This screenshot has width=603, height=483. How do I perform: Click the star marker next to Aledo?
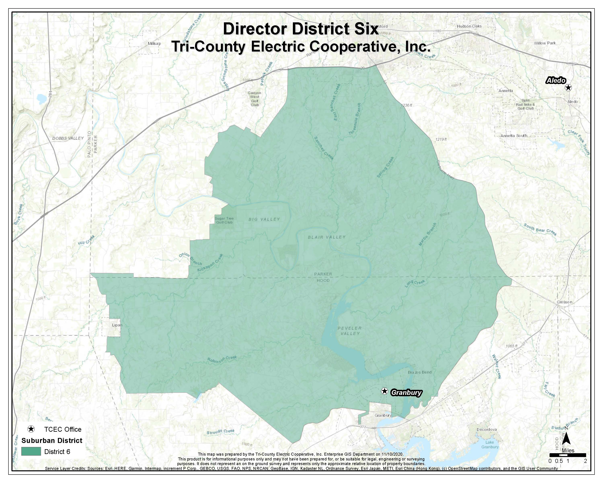pyautogui.click(x=568, y=88)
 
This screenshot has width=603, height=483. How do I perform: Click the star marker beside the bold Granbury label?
pyautogui.click(x=385, y=391)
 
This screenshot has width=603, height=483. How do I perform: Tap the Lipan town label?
pyautogui.click(x=117, y=325)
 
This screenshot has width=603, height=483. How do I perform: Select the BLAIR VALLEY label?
pyautogui.click(x=327, y=237)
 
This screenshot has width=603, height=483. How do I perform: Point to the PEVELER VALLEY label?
pyautogui.click(x=350, y=331)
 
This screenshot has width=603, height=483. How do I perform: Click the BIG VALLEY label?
pyautogui.click(x=264, y=219)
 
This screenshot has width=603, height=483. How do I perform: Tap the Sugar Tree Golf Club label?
pyautogui.click(x=224, y=220)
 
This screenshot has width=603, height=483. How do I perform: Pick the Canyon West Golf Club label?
pyautogui.click(x=254, y=99)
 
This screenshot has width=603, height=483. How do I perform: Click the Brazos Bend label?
pyautogui.click(x=419, y=372)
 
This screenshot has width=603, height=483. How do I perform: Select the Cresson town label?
pyautogui.click(x=564, y=302)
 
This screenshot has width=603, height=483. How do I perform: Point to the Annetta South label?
pyautogui.click(x=514, y=135)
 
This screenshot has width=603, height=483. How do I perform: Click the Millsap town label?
pyautogui.click(x=154, y=44)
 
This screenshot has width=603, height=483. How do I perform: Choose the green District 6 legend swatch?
pyautogui.click(x=31, y=452)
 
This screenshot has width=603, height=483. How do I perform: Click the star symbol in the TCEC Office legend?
pyautogui.click(x=31, y=429)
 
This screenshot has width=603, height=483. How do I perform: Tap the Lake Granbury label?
pyautogui.click(x=489, y=444)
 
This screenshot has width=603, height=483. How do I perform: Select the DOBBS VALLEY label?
pyautogui.click(x=68, y=138)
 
